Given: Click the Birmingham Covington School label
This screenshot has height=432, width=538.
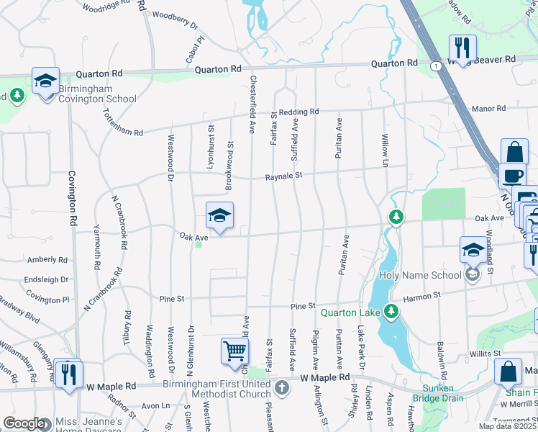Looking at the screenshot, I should [x=97, y=94].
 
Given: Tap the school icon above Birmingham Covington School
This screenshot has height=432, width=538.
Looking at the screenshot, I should [x=45, y=81].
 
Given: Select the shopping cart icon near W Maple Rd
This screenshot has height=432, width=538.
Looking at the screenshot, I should [x=234, y=352].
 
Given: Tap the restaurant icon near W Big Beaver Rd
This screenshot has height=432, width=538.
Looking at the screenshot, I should [x=462, y=48].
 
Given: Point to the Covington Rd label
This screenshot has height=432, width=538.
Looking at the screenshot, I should [x=71, y=190].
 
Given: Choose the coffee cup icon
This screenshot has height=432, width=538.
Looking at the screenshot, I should [x=511, y=175].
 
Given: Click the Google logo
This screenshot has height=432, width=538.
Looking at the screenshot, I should [x=24, y=423].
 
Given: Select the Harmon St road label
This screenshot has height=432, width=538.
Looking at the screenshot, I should [x=421, y=296].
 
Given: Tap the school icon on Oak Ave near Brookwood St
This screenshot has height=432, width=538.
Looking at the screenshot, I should [x=219, y=215].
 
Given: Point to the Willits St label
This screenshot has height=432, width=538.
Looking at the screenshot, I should [x=484, y=354].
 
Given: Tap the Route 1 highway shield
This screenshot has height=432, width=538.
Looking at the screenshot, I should [x=436, y=66].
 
